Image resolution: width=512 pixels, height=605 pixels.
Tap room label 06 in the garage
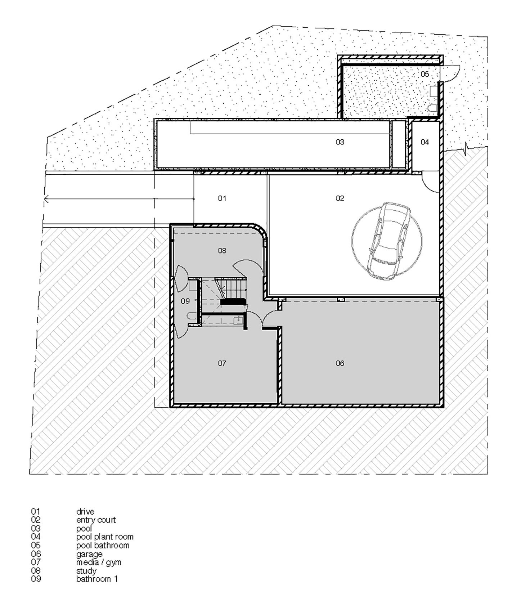[340, 363]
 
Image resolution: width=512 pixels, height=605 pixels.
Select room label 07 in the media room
[222, 363]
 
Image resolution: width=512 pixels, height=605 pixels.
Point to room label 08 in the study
[222, 250]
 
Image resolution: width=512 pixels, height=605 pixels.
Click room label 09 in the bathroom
[185, 301]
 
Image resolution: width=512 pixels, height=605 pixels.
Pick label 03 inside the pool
[340, 142]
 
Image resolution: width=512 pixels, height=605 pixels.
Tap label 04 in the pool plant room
[425, 142]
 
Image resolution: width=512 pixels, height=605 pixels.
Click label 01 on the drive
[222, 198]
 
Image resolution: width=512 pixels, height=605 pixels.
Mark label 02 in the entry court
[340, 198]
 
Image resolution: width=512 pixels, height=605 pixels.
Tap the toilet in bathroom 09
[192, 317]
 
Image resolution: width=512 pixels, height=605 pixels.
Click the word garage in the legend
[89, 554]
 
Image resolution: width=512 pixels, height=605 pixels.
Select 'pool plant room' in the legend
[105, 537]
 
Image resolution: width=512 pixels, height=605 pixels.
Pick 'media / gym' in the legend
[99, 562]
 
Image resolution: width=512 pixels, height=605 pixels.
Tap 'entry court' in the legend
[96, 520]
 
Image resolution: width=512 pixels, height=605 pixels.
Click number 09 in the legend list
[36, 579]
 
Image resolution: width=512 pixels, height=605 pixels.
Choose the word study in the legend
[86, 571]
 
